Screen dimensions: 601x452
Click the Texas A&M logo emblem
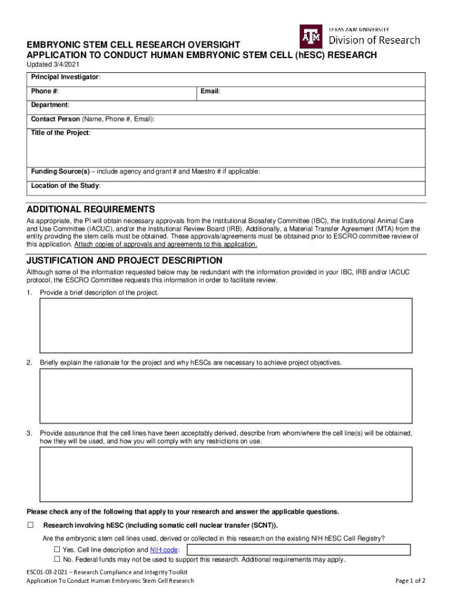311,36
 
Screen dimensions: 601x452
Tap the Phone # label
45,92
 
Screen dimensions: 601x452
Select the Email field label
210,92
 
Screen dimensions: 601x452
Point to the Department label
50,105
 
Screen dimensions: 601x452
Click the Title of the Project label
60,133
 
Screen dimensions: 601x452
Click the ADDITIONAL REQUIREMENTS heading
91,210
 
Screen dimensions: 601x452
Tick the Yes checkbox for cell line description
58,550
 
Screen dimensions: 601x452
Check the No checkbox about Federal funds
58,559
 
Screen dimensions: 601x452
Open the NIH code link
164,550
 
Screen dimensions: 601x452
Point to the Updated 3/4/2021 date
52,64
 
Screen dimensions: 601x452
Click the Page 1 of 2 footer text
410,581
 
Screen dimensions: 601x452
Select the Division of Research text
374,40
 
